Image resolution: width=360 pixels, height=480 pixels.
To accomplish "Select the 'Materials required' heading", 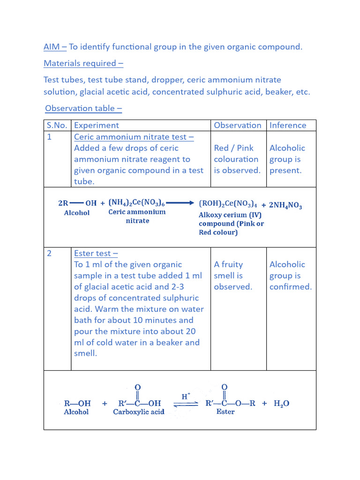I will [83, 63].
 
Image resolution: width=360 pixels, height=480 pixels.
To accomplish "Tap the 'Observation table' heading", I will [83, 108].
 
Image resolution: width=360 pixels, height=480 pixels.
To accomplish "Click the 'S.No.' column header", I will [57, 125].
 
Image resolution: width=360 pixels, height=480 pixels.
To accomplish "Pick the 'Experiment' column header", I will [96, 125].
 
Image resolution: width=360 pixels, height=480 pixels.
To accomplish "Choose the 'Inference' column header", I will [288, 125].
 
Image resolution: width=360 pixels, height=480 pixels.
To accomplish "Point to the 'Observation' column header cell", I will [238, 125].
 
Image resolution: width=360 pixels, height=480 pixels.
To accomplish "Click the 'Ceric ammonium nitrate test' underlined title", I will [134, 137].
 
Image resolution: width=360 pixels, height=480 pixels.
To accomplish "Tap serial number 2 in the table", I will [49, 254].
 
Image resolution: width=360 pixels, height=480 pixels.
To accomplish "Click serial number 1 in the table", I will [49, 137].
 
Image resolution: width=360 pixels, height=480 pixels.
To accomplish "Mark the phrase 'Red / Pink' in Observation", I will [233, 148].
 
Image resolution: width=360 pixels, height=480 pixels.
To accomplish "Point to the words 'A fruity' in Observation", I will [228, 264].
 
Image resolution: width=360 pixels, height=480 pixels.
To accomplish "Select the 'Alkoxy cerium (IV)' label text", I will [230, 215].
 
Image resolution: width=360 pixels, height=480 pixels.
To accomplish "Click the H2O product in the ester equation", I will [281, 403].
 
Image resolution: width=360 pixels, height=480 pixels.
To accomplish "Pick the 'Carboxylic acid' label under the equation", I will [139, 412].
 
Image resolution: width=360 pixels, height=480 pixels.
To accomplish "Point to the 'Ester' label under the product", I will [225, 412].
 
